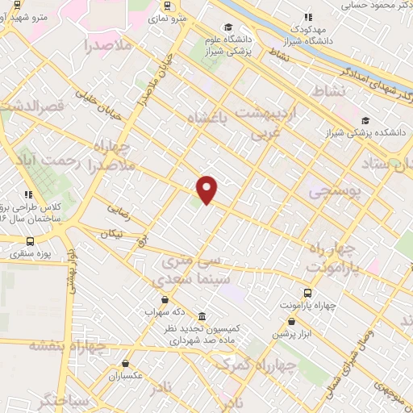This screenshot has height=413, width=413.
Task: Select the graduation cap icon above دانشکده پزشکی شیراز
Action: pos(366,120)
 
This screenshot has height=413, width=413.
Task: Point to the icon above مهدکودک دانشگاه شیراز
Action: pos(307,16)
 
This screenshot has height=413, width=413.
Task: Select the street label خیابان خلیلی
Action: pos(98,106)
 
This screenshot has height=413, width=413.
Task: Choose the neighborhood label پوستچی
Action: pos(327,190)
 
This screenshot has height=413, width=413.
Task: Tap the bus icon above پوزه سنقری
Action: pos(30,240)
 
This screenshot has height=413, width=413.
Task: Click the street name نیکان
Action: pos(112,233)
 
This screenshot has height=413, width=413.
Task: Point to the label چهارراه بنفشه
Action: pos(68,345)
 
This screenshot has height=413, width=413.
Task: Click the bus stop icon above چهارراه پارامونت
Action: pos(307,293)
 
